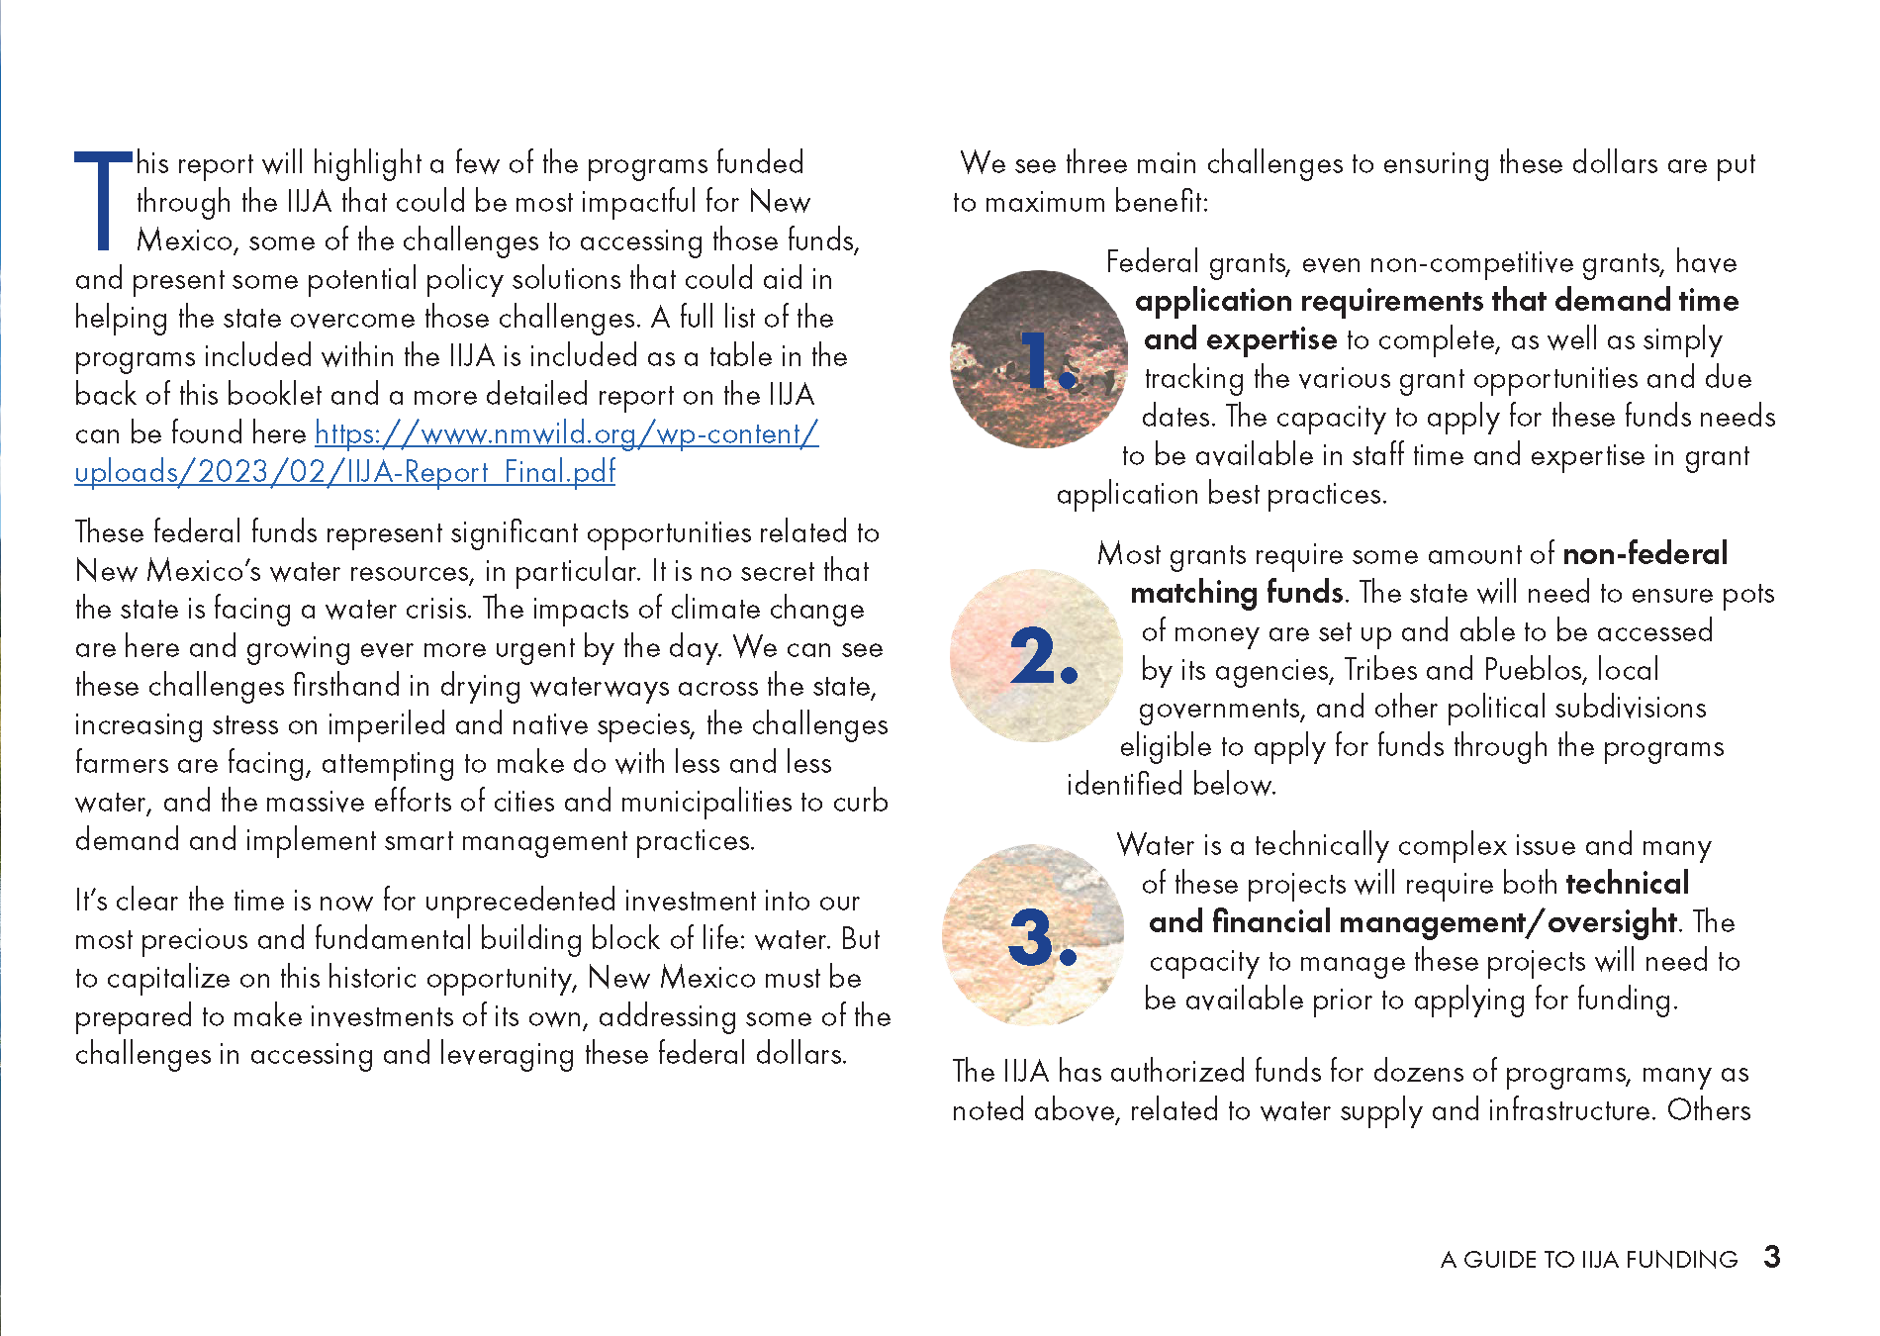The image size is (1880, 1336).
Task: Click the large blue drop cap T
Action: click(103, 201)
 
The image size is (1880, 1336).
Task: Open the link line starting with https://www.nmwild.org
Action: click(566, 433)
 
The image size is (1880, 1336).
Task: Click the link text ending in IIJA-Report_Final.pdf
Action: click(344, 472)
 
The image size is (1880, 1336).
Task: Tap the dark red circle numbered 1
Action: click(1039, 358)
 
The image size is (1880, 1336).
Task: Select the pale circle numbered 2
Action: click(1037, 655)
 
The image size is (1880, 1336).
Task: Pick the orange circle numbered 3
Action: click(1033, 935)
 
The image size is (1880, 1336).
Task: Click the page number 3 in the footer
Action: click(1771, 1257)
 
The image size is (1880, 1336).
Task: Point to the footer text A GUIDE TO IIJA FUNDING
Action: click(1588, 1260)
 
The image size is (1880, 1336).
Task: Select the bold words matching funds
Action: click(1236, 593)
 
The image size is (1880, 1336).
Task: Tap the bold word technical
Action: click(1628, 883)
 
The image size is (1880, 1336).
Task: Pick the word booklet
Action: click(250, 395)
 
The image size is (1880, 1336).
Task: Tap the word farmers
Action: click(121, 763)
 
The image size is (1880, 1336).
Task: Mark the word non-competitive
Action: click(1438, 262)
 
